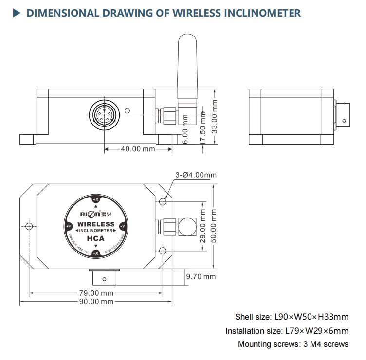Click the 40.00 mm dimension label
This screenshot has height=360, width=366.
(138, 149)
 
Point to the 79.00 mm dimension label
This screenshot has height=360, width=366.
(96, 293)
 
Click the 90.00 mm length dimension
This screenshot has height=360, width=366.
(96, 302)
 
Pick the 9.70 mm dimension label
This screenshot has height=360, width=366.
(201, 277)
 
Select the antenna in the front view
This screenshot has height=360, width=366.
(185, 68)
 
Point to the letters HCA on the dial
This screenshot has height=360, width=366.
(96, 238)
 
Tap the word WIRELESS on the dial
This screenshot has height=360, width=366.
(96, 224)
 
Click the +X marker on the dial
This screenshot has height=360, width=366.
(96, 200)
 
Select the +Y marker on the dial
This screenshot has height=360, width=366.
(69, 227)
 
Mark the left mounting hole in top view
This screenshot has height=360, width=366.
(29, 227)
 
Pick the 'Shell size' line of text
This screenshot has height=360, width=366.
(292, 317)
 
